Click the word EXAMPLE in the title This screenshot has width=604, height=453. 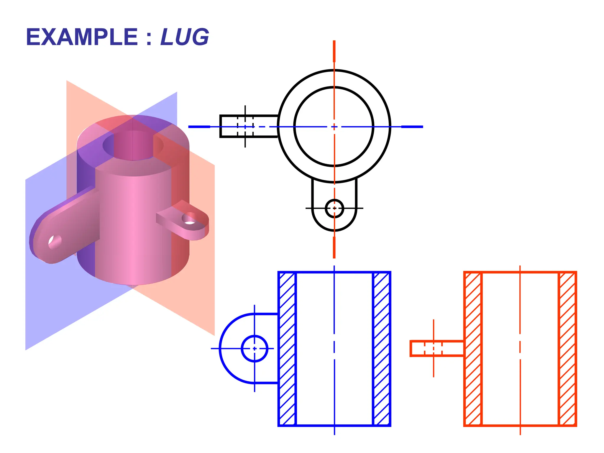(x=82, y=37)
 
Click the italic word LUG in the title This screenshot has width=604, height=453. (x=185, y=37)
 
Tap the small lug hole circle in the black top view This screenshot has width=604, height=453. (x=334, y=208)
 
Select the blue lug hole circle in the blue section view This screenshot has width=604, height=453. (x=255, y=348)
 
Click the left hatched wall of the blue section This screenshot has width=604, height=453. (x=287, y=349)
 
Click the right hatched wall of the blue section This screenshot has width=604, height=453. (x=382, y=349)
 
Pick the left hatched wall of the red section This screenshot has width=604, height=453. (x=473, y=349)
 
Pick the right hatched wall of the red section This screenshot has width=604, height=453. (x=567, y=349)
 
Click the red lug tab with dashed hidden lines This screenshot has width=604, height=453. (x=436, y=348)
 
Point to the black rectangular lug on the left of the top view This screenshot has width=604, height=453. (x=249, y=126)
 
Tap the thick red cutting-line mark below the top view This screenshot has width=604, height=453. (x=334, y=247)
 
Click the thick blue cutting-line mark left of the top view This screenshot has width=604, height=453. (x=199, y=127)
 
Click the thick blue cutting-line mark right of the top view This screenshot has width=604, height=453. (x=412, y=127)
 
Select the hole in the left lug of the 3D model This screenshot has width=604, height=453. (x=55, y=242)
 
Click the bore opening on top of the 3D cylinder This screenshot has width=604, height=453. (x=133, y=145)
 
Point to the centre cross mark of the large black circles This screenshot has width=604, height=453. (x=334, y=127)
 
